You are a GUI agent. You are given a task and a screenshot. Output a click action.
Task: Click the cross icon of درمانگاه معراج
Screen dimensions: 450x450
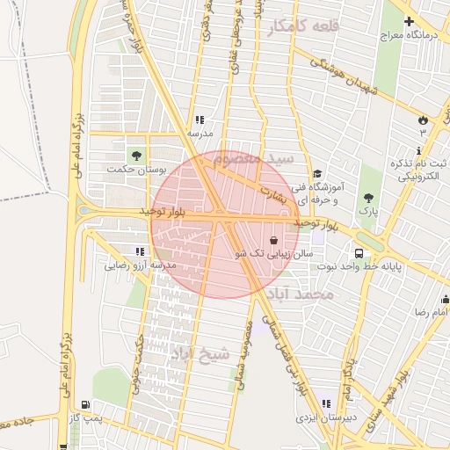409,20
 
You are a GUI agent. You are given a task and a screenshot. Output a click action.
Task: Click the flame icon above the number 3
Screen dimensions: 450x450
423,120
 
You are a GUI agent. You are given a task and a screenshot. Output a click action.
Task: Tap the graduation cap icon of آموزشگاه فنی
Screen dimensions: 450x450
317,173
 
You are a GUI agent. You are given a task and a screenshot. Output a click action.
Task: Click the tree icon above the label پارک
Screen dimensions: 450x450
367,198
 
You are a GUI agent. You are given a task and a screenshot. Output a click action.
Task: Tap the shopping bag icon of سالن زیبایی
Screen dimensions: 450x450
273,239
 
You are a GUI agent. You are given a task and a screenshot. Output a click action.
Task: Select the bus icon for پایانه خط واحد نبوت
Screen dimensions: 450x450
358,253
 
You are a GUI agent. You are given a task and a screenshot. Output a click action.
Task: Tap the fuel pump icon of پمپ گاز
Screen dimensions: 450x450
85,405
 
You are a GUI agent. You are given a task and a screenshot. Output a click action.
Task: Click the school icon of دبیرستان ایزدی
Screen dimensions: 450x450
326,403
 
